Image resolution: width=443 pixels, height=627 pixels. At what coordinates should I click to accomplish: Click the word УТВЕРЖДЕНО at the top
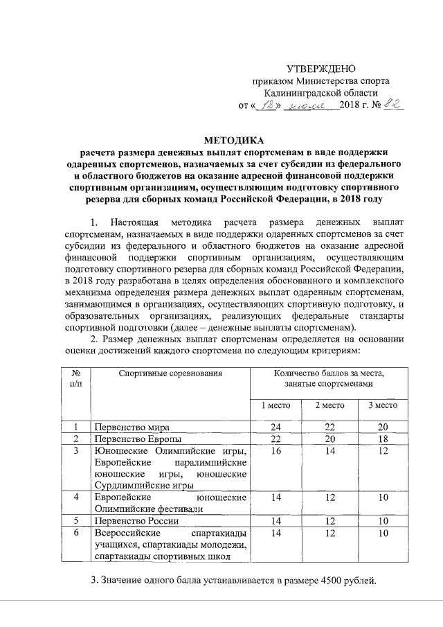pyautogui.click(x=321, y=68)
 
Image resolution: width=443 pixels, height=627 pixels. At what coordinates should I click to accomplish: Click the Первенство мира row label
pyautogui.click(x=132, y=427)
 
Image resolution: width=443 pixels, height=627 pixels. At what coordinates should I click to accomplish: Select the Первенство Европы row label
pyautogui.click(x=138, y=439)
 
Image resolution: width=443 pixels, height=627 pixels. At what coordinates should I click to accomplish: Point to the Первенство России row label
pyautogui.click(x=136, y=520)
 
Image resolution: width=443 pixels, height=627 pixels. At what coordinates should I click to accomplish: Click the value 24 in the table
pyautogui.click(x=275, y=427)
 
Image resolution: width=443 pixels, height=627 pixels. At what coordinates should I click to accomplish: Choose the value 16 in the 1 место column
pyautogui.click(x=275, y=452)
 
